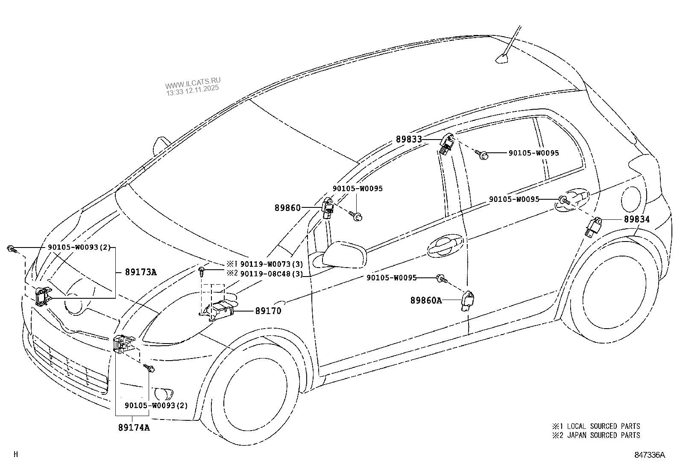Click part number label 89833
(x=408, y=139)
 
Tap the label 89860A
(x=426, y=300)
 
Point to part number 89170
(x=268, y=311)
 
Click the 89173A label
(x=141, y=272)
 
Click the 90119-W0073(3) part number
(x=271, y=264)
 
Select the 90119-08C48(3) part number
(x=271, y=274)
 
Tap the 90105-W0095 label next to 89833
(x=533, y=153)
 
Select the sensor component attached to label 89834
(x=594, y=226)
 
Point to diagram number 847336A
(x=649, y=455)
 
